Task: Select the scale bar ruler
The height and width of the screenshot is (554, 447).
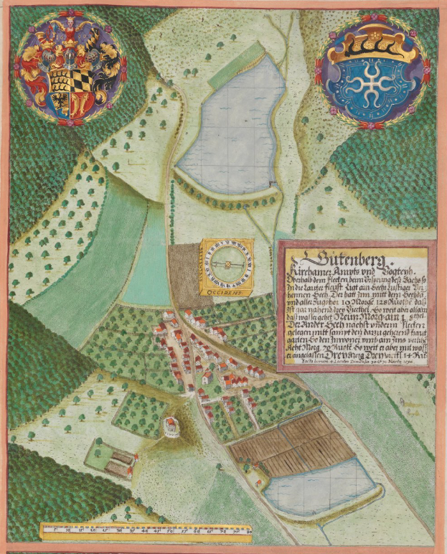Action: coord(146,531)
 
